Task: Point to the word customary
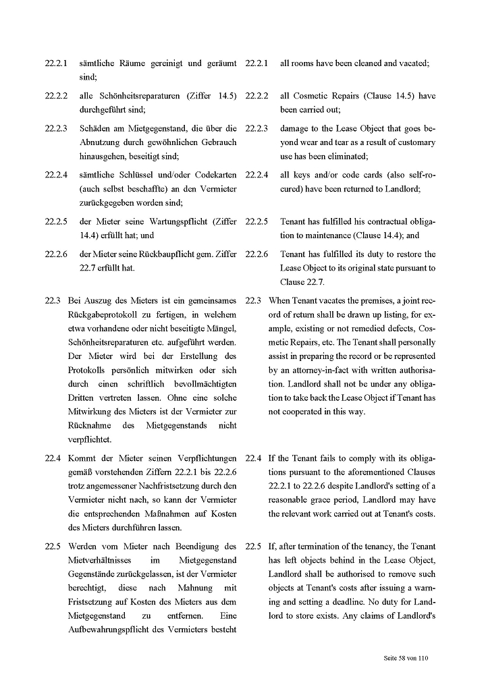(413, 142)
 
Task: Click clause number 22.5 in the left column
(53, 546)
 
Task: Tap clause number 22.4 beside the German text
(53, 458)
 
